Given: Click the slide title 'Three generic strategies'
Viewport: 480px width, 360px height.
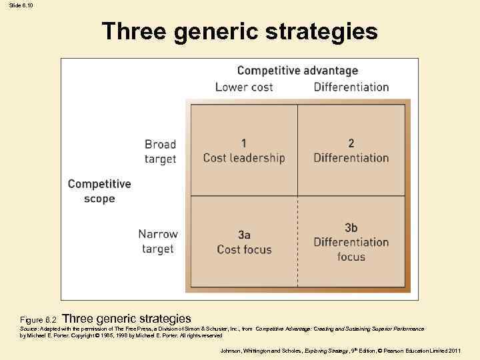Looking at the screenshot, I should click(x=240, y=31).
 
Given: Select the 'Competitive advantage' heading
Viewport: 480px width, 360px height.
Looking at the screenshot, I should click(x=297, y=71).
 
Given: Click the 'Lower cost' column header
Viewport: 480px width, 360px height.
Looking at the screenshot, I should click(x=245, y=87).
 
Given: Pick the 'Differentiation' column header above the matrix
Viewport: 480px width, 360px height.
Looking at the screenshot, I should click(x=351, y=87).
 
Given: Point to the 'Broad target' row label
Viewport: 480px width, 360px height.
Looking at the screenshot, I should click(x=160, y=151).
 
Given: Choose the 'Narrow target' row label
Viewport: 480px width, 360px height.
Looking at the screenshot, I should click(x=158, y=241).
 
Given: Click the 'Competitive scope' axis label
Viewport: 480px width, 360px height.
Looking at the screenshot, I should click(x=99, y=191).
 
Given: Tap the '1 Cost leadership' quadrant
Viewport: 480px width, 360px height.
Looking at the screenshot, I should click(x=244, y=151).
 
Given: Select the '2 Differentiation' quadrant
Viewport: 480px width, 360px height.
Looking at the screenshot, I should click(x=351, y=151).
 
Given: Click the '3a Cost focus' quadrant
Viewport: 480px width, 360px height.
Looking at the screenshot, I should click(x=244, y=243).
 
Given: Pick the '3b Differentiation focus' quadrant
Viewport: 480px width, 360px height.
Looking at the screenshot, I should click(x=351, y=243).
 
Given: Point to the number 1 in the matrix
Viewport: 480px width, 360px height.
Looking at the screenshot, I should click(x=244, y=143).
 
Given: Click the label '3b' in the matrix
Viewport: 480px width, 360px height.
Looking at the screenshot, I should click(x=351, y=228).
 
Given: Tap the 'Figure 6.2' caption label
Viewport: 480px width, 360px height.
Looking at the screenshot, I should click(x=39, y=321).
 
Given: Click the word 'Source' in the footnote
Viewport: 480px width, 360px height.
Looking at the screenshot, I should click(x=29, y=329).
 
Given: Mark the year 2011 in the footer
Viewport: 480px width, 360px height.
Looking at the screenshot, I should click(x=453, y=351).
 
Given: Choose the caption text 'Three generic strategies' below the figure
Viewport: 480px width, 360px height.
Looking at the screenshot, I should click(x=127, y=319).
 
